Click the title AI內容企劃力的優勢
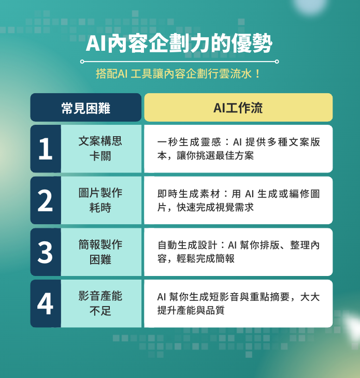179,44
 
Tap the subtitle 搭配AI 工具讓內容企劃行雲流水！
179,74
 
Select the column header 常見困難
85,108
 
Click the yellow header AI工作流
238,108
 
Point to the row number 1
46,149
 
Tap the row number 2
46,201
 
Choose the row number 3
46,252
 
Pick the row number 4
46,304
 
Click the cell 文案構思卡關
100,149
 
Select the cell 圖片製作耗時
100,200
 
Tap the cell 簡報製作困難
100,252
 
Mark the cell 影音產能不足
100,303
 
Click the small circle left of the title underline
82,62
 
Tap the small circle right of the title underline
277,62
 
